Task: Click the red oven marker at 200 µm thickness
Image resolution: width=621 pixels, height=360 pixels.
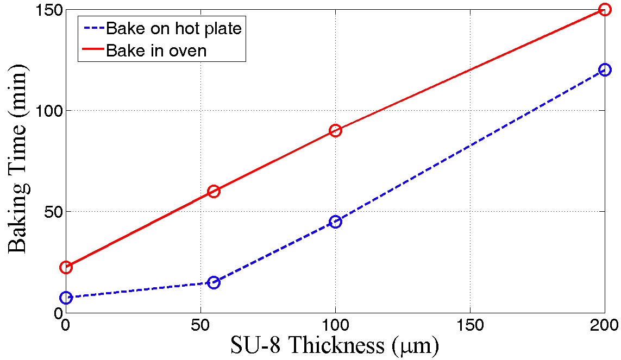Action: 605,10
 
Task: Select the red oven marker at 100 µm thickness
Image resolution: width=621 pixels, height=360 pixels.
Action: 335,130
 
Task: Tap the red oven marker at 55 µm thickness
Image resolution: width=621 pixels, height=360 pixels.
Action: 214,191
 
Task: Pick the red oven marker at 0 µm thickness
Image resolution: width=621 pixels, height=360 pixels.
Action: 66,267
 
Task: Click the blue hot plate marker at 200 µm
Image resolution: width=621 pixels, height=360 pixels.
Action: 605,70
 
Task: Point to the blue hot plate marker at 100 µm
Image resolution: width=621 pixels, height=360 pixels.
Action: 335,222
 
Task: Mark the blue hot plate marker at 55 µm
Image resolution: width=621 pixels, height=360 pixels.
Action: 214,282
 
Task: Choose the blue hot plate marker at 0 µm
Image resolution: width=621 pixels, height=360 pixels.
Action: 66,298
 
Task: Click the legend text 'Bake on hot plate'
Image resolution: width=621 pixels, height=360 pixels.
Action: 174,28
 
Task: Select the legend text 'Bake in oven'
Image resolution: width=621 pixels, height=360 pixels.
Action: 156,51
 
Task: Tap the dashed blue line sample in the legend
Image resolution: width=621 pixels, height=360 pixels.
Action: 92,28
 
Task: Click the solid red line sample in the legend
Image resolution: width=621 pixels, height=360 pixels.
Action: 92,50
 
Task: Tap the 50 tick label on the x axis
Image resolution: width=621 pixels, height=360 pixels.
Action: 201,325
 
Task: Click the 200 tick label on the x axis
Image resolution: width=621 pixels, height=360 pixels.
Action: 604,325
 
